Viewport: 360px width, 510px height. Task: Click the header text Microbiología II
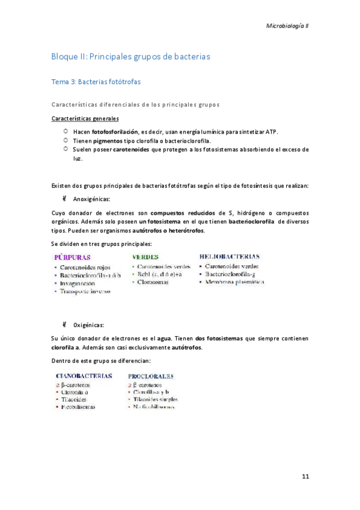[x=287, y=26]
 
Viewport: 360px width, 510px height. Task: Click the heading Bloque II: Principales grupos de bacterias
[x=130, y=57]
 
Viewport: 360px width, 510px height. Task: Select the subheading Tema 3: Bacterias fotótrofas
[x=96, y=81]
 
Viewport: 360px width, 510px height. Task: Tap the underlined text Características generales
[x=85, y=118]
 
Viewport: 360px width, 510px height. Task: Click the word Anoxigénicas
[x=91, y=198]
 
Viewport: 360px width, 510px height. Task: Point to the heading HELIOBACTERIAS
[x=230, y=256]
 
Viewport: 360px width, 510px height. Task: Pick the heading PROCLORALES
[x=151, y=376]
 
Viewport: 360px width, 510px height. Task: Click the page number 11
[x=305, y=477]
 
